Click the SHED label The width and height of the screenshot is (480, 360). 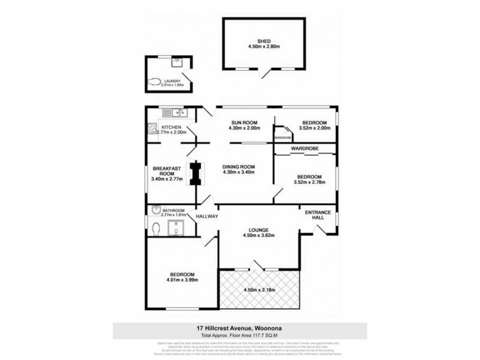coord(264,41)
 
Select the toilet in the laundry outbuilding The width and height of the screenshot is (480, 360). coord(154,83)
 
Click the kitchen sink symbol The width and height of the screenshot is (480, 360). coord(178,113)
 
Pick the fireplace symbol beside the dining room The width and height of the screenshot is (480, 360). coord(195,175)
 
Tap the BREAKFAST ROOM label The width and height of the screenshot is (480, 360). coord(163,171)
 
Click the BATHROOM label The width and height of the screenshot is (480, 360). coord(175,211)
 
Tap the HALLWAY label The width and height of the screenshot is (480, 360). coord(206,216)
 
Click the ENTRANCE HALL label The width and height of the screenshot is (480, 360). coord(318,214)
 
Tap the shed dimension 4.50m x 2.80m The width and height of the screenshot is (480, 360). coord(264,49)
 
